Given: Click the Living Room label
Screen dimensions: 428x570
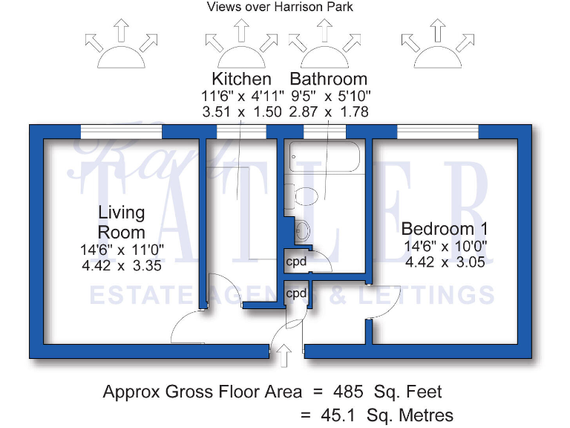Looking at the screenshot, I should tap(122, 221).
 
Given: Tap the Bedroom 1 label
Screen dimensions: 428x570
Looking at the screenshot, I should tap(445, 229).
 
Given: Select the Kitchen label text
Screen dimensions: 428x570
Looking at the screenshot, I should tap(241, 79).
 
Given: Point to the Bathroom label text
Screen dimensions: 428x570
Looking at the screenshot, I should tap(328, 79).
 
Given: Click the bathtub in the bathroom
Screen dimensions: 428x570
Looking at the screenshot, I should tap(325, 158).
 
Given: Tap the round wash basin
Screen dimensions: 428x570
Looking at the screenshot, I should tap(303, 230).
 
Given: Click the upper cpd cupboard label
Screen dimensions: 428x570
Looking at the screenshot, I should tap(296, 262).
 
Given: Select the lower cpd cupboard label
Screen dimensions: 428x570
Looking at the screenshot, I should tap(296, 294).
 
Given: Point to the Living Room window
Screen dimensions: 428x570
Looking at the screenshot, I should tap(121, 132).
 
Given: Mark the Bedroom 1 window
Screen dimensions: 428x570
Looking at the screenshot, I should tap(438, 132).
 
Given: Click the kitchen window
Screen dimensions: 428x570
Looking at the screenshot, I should tap(241, 132).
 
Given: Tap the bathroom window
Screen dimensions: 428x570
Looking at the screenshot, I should tap(325, 132).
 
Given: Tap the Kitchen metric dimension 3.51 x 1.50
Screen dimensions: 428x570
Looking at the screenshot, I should tap(241, 111).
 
